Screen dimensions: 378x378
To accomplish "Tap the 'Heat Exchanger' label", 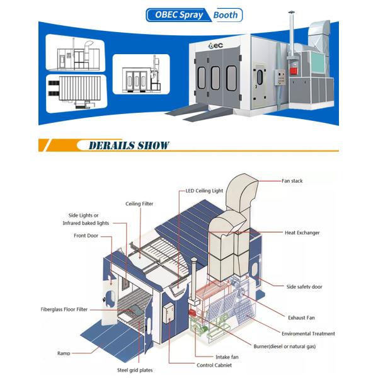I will pos(302,232).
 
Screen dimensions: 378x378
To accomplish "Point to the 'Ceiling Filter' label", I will pos(139,203).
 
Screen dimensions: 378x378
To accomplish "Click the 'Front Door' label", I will pos(85,236).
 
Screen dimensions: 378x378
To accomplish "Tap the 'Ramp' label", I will pos(64,353).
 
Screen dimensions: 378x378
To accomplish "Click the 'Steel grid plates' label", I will pos(134,370).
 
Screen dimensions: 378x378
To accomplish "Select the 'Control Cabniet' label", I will pos(214,365).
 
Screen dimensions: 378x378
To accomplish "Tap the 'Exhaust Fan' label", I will pos(301,318).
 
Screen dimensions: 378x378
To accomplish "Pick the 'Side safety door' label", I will pos(304,287).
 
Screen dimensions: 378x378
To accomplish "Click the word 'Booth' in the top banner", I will pos(226,14).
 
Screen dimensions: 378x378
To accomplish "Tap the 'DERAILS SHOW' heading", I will pos(129,146).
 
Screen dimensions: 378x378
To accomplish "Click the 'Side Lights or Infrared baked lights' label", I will pos(86,219).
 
